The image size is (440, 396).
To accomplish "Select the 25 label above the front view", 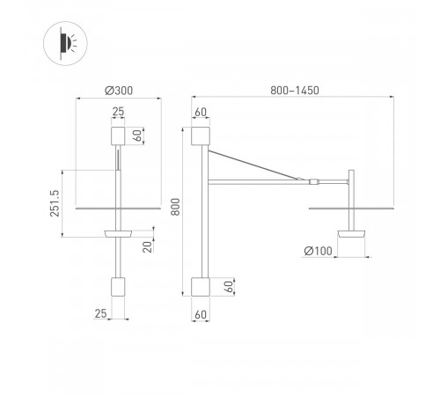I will [117, 112].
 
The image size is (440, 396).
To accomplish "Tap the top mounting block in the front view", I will [118, 136].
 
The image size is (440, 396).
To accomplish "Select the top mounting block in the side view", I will [201, 136].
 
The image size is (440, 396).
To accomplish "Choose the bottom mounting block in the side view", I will [201, 288].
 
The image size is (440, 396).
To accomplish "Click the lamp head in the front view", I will [118, 234].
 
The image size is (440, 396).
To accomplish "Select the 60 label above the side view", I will [200, 112].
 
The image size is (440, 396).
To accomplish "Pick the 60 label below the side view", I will [200, 312].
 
